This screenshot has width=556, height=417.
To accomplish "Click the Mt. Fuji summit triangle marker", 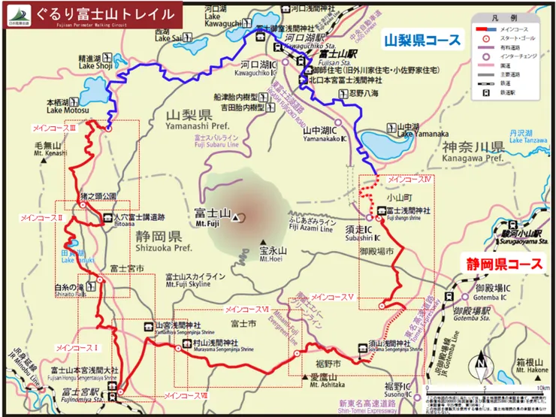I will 237,218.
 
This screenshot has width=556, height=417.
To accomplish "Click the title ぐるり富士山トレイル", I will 110,14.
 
